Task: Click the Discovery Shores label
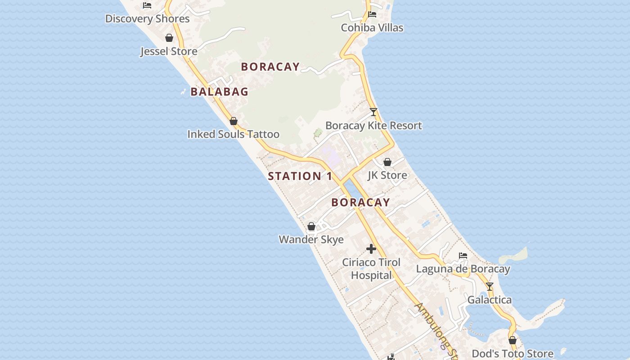click(x=147, y=19)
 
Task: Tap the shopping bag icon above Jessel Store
click(x=169, y=38)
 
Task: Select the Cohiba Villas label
click(x=372, y=28)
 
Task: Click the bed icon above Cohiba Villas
click(x=372, y=14)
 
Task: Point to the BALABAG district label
click(x=219, y=92)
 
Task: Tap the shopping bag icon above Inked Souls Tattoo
click(x=234, y=121)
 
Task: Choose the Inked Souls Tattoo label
click(x=233, y=135)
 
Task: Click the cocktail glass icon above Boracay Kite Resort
click(x=373, y=112)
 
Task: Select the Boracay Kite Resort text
click(x=373, y=126)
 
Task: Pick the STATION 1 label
click(x=300, y=176)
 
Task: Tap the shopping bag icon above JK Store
click(x=387, y=162)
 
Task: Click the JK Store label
click(x=387, y=175)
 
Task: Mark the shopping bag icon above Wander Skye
click(x=311, y=226)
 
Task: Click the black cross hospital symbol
click(x=371, y=249)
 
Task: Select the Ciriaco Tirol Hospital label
click(x=371, y=269)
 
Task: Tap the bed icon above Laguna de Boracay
click(x=463, y=256)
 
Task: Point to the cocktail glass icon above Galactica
click(x=490, y=287)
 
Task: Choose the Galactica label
click(x=490, y=300)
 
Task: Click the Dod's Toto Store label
click(x=513, y=354)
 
